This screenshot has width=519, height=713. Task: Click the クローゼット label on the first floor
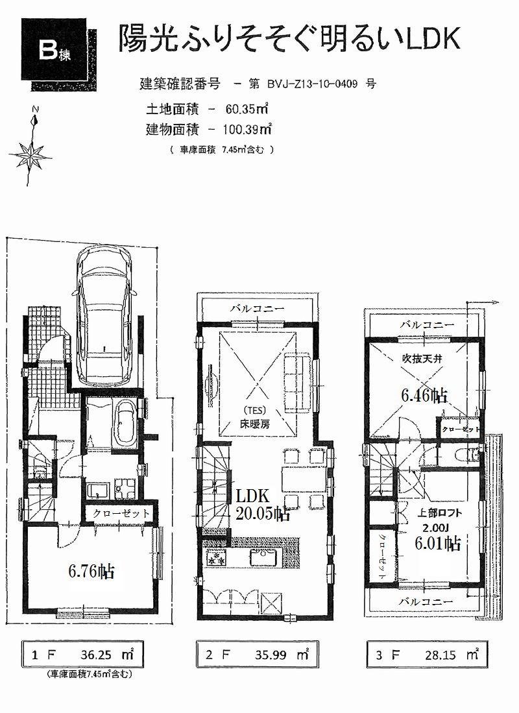[x=121, y=513]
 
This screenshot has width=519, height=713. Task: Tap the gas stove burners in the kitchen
[x=215, y=557]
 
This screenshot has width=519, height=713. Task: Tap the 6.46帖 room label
[x=424, y=394]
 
